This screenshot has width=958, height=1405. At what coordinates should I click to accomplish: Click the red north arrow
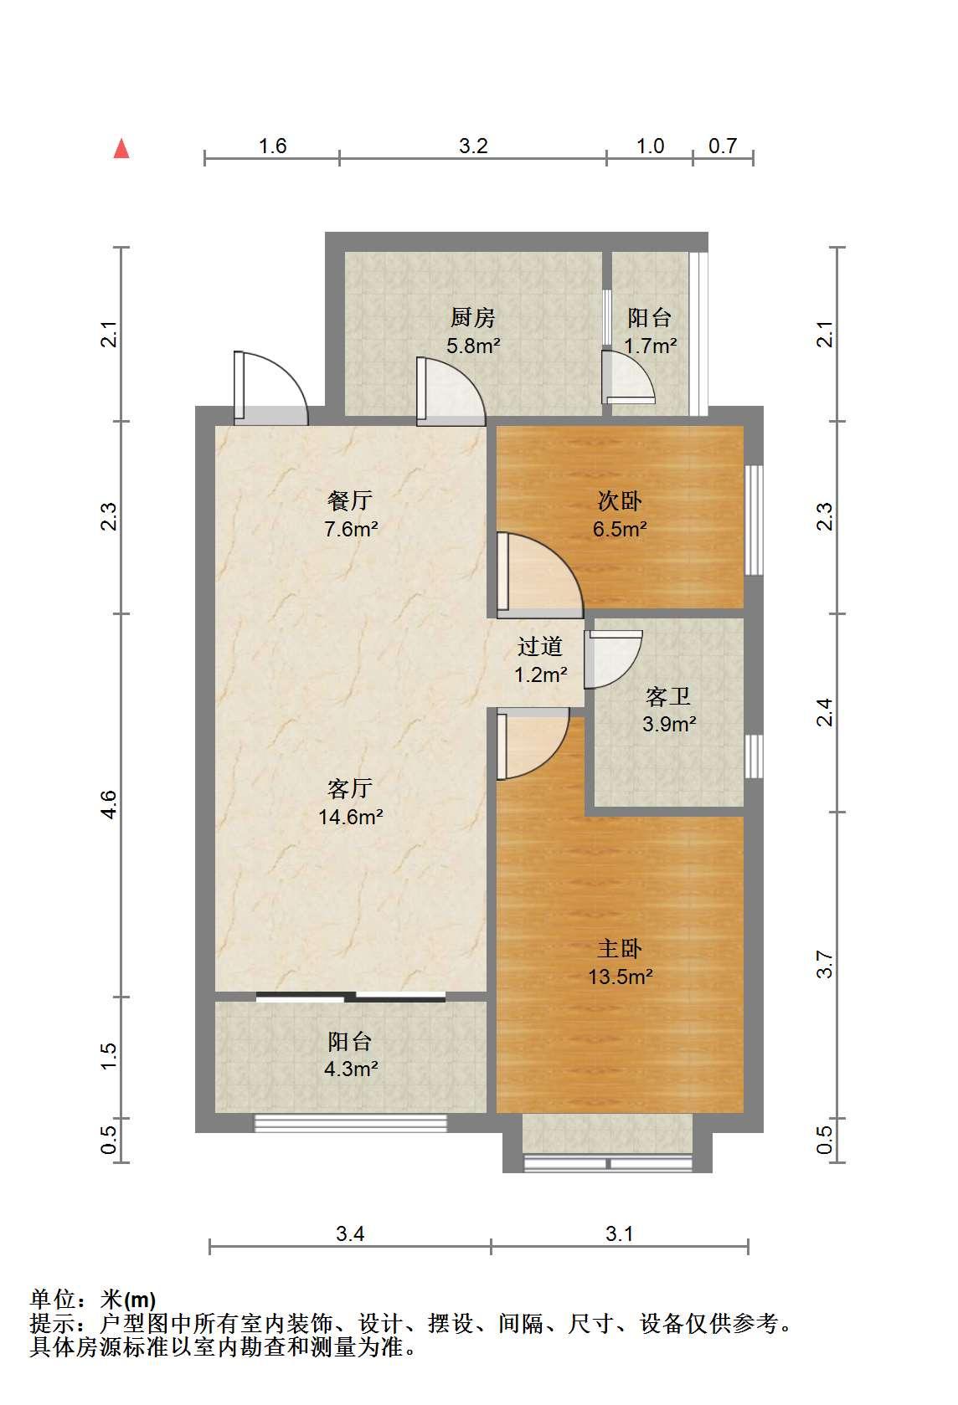click(x=121, y=149)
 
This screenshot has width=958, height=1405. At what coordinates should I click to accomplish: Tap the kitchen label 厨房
click(x=473, y=317)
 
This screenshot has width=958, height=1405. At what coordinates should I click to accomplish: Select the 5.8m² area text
click(x=473, y=346)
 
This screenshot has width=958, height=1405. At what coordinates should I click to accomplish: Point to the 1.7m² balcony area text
click(x=651, y=346)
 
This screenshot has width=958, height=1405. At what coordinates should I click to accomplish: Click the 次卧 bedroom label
click(x=620, y=500)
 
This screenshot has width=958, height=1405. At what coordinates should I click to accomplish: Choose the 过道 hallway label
click(x=540, y=646)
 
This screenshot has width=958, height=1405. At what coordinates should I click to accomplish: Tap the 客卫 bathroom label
click(x=668, y=696)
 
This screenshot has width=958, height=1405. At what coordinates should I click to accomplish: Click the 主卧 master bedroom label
click(x=620, y=948)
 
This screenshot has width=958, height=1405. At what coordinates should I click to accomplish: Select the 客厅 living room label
click(x=350, y=788)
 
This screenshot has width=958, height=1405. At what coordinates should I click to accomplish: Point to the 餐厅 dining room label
click(x=350, y=500)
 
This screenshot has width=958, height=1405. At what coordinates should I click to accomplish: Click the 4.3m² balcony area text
click(x=351, y=1069)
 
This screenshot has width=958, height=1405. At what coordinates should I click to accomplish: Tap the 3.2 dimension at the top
click(x=473, y=146)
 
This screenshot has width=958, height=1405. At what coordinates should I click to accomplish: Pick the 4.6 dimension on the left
click(x=109, y=805)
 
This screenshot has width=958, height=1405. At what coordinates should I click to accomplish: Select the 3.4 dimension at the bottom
click(x=350, y=1233)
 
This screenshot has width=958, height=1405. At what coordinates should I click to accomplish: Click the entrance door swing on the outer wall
click(x=271, y=387)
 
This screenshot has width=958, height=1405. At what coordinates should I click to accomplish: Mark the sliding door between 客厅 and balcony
click(x=351, y=996)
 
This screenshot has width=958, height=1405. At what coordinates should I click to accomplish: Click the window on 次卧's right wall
click(x=754, y=520)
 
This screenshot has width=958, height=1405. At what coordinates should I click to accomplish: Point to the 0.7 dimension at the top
click(x=723, y=146)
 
